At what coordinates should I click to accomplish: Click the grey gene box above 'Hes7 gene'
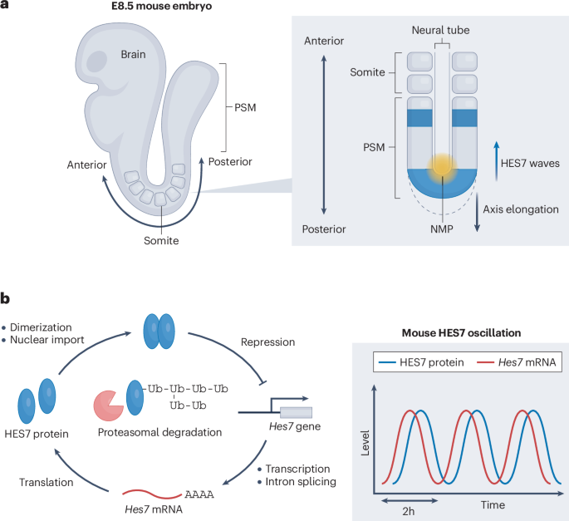click(297, 412)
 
